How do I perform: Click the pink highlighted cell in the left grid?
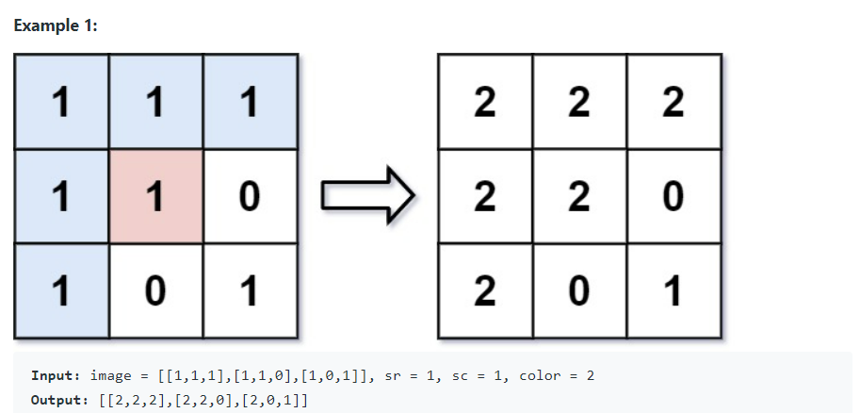click(155, 196)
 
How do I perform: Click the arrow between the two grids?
click(368, 196)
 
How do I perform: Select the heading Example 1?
click(56, 25)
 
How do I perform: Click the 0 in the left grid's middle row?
click(250, 196)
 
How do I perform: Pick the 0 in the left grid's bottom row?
click(155, 291)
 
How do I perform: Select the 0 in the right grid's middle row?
click(673, 196)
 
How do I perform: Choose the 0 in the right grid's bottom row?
click(578, 291)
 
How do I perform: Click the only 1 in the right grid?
click(673, 291)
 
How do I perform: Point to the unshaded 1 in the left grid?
click(250, 291)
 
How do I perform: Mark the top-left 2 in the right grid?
click(484, 102)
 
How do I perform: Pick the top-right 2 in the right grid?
click(673, 102)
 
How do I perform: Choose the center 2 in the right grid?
click(578, 196)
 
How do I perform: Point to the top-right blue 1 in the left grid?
click(250, 102)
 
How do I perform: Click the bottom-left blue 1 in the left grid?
click(61, 291)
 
